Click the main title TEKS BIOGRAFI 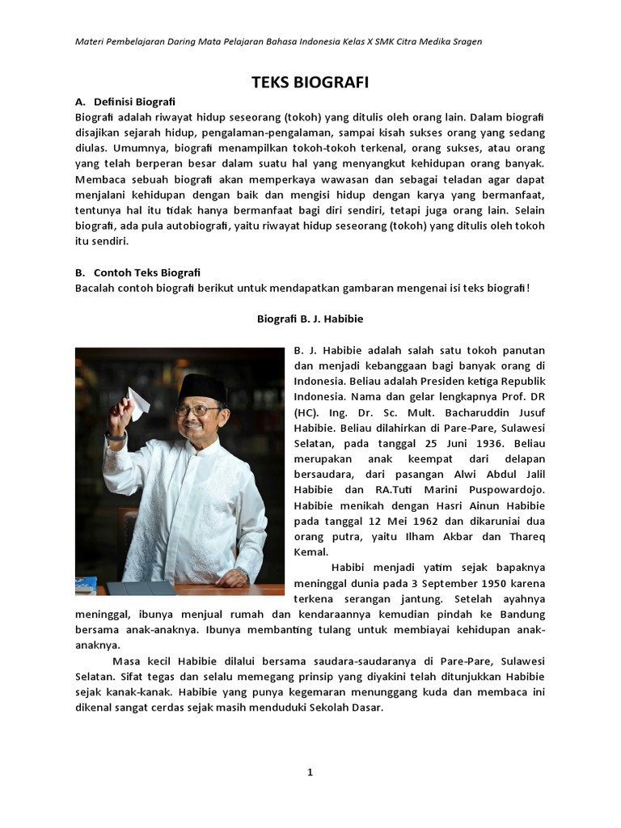(310, 82)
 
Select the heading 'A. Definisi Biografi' (125, 102)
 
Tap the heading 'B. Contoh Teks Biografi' (137, 272)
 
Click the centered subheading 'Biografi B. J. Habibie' (310, 319)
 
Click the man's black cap (203, 387)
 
